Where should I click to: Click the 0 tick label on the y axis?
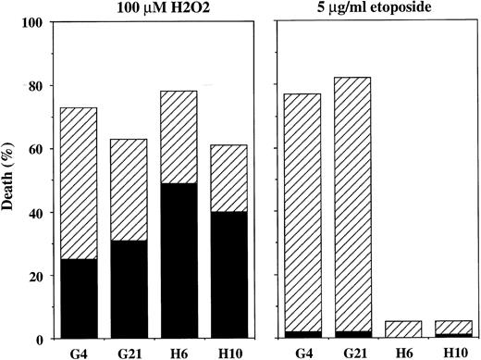39,340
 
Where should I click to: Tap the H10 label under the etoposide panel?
452,352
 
